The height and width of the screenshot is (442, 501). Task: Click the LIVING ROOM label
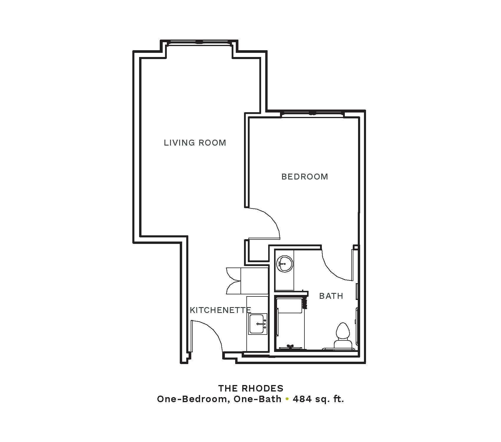(x=195, y=143)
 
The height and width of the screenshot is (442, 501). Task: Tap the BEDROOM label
(x=305, y=177)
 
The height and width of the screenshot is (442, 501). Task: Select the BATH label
(x=331, y=296)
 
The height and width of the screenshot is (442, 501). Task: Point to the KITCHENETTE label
(x=220, y=310)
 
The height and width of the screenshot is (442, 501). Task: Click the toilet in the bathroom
(x=343, y=337)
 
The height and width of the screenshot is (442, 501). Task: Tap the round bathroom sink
(x=285, y=264)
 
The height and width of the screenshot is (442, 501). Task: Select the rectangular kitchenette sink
(x=258, y=324)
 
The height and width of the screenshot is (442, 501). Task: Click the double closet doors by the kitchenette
(x=234, y=281)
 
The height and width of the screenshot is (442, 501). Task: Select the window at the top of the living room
(x=199, y=43)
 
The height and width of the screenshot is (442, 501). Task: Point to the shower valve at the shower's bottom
(x=290, y=347)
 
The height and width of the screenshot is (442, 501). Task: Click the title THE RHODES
(x=251, y=388)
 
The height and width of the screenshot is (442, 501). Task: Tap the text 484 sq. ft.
(x=318, y=399)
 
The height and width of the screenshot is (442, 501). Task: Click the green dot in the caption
(x=287, y=399)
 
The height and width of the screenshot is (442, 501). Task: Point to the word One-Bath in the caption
(x=258, y=399)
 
